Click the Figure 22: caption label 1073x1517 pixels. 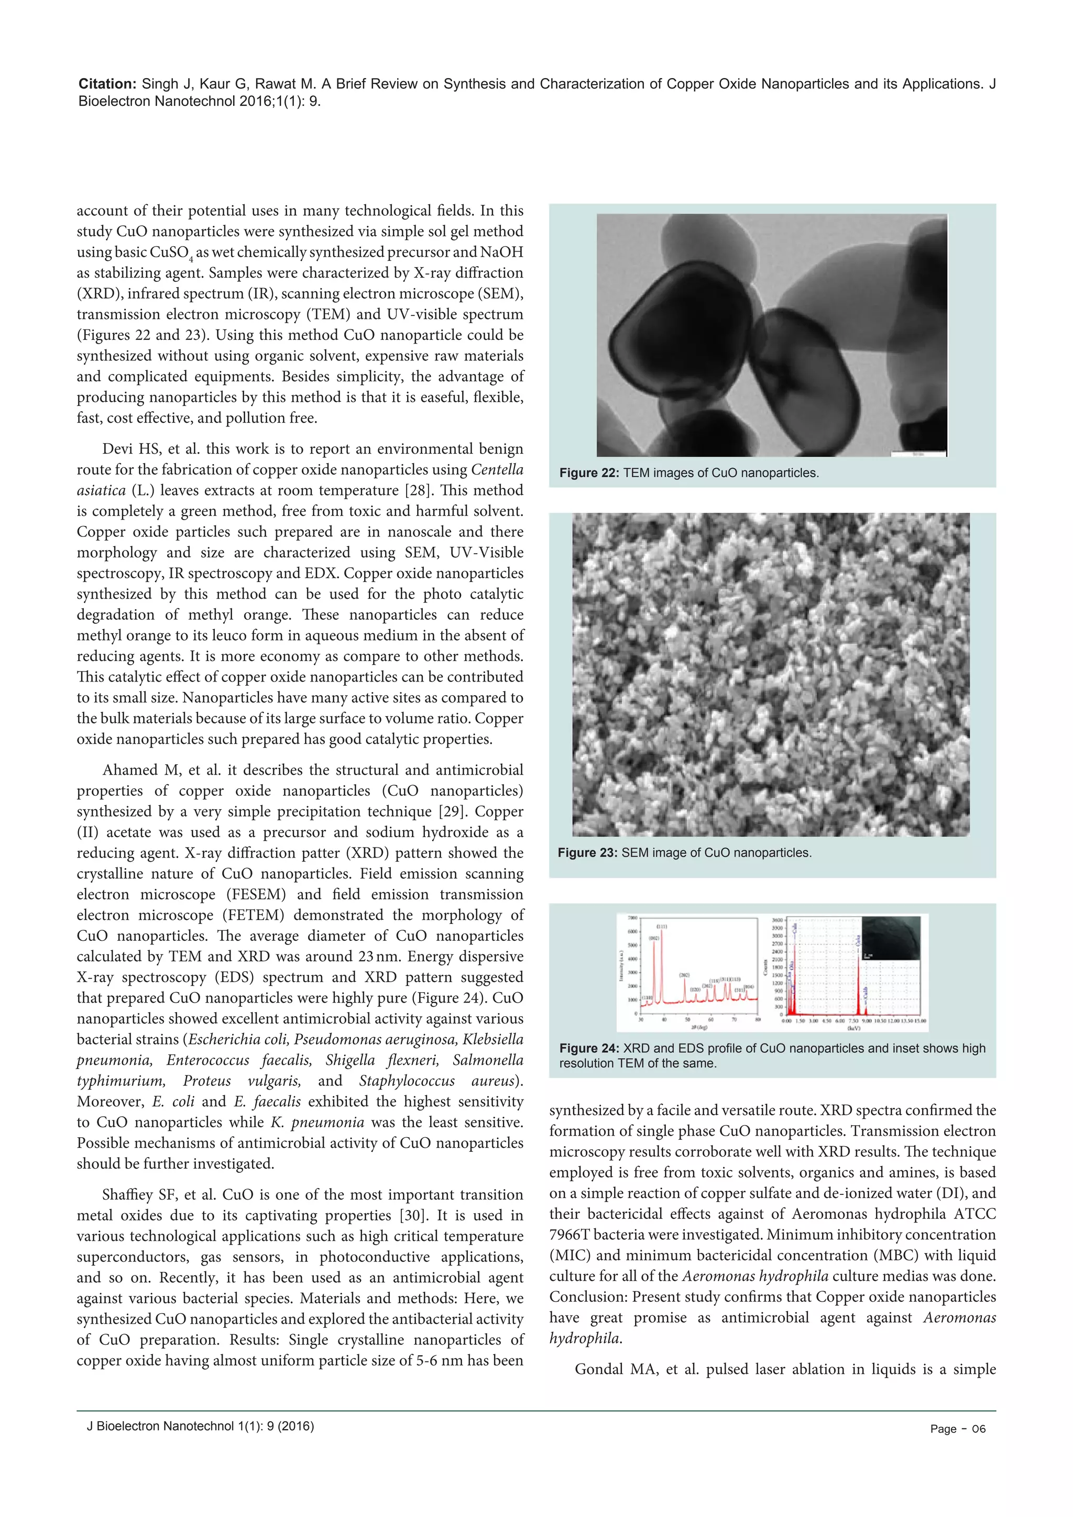tap(589, 473)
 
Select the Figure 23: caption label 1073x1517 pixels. tap(587, 853)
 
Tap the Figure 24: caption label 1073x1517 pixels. tap(589, 1049)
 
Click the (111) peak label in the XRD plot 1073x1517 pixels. tap(661, 927)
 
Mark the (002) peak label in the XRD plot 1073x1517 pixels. tap(653, 938)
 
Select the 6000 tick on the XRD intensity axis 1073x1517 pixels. tap(632, 931)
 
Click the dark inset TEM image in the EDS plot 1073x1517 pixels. tap(891, 938)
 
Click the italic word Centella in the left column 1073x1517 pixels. tap(497, 470)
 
